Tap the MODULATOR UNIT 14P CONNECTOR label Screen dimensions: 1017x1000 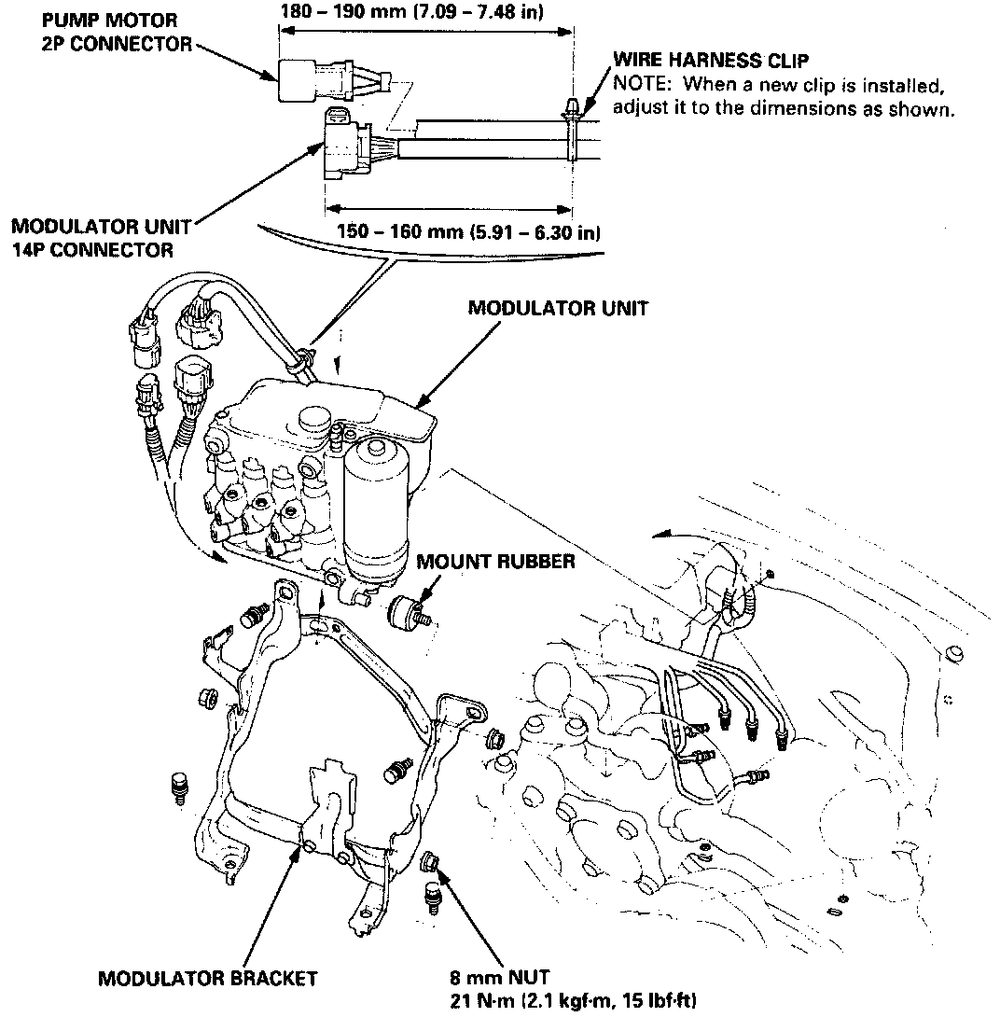point(101,238)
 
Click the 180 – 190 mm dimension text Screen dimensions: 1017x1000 point(413,12)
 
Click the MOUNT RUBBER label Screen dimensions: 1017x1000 point(495,562)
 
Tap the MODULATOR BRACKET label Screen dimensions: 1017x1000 point(207,979)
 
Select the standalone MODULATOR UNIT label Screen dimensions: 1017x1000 point(557,307)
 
